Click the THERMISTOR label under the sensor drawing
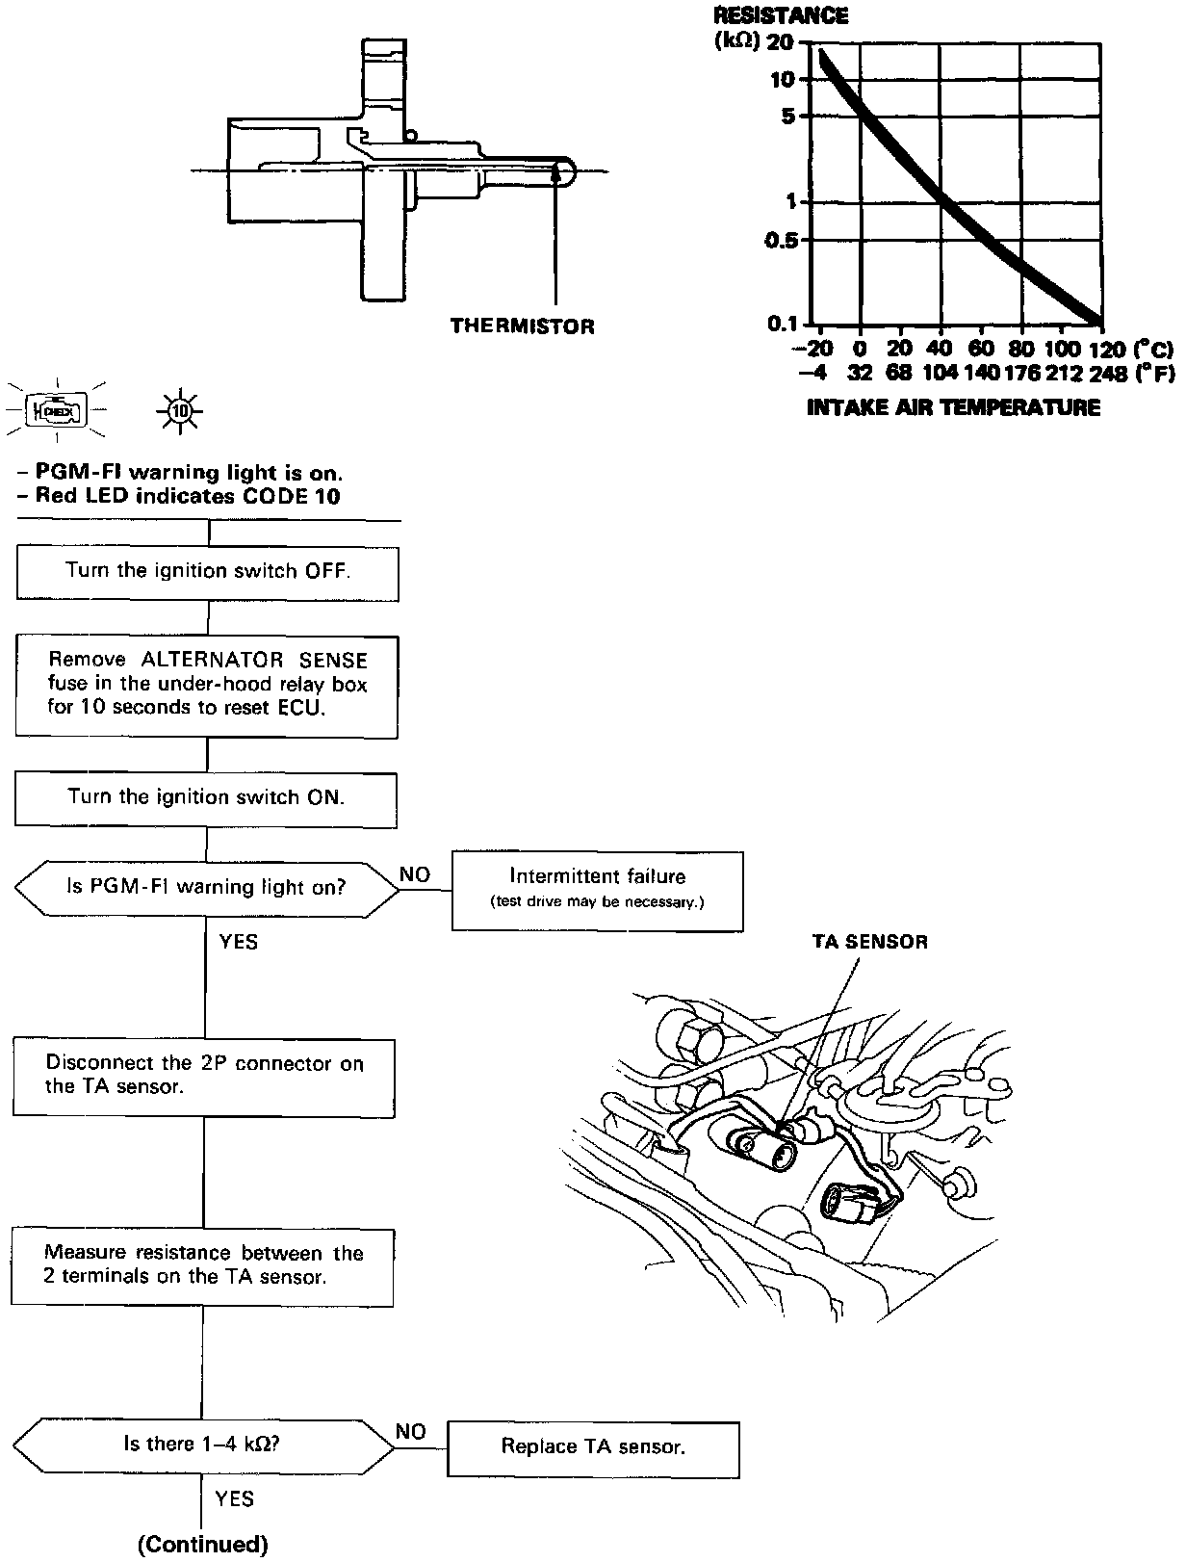(522, 326)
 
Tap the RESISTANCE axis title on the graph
(781, 16)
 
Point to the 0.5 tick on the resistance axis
(782, 240)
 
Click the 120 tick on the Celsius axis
(1100, 349)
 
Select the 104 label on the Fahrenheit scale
(939, 373)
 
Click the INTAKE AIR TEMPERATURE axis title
(953, 407)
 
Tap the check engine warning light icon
(57, 412)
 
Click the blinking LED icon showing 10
(178, 412)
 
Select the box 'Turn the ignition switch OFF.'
(207, 571)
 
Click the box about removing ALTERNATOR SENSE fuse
(206, 685)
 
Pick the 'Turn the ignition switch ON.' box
(205, 797)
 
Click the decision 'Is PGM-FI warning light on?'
(205, 887)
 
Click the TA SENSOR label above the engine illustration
(869, 942)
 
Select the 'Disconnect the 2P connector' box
(203, 1076)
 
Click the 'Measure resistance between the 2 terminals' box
(202, 1265)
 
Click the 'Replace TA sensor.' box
(592, 1447)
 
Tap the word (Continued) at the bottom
(203, 1545)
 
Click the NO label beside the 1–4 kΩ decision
(411, 1432)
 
